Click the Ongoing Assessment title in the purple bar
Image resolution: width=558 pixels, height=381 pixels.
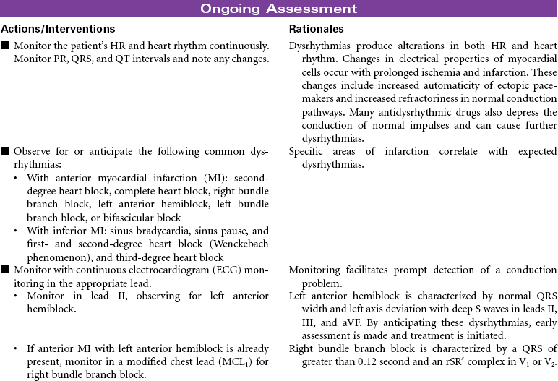(x=279, y=9)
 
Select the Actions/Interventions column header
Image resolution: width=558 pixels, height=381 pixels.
(x=58, y=29)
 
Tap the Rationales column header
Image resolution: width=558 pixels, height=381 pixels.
(x=316, y=29)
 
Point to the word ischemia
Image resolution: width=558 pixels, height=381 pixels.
(x=424, y=72)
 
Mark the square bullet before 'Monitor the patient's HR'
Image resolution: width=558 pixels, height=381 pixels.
(x=6, y=46)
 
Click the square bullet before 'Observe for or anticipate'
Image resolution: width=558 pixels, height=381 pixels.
(x=6, y=152)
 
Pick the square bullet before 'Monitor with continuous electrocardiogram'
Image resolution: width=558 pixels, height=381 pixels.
(x=6, y=270)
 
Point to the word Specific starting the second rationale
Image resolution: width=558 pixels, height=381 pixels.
(x=309, y=152)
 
